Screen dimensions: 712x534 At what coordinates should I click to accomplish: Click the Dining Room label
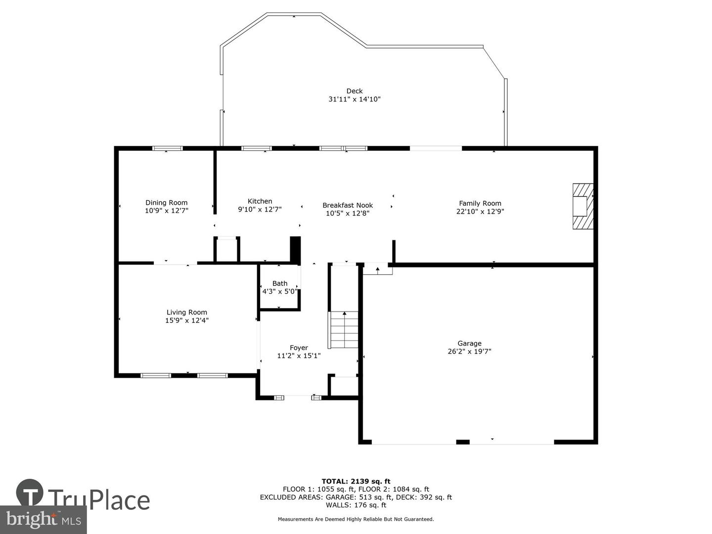(166, 203)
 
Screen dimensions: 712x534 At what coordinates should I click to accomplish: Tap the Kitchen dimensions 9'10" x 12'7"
(260, 210)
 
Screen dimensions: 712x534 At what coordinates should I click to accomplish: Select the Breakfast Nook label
(348, 205)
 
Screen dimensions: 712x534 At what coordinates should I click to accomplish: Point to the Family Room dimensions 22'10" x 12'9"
(480, 212)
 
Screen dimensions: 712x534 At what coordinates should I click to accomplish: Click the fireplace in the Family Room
(582, 206)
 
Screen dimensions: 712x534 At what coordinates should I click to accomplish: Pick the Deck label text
(354, 91)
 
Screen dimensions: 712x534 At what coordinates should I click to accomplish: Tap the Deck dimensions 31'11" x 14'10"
(354, 99)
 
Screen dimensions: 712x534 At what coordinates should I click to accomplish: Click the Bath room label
(280, 283)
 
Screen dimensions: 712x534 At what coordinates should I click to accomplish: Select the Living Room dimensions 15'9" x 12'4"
(186, 320)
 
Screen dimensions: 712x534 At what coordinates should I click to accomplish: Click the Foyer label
(299, 348)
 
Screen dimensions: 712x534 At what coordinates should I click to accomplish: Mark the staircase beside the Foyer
(344, 329)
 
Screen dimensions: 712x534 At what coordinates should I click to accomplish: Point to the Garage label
(469, 343)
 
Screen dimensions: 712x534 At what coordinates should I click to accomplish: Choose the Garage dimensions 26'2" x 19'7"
(469, 352)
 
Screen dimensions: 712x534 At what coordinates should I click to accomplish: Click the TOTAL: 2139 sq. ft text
(356, 482)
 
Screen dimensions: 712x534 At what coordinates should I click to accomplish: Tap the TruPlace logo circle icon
(30, 492)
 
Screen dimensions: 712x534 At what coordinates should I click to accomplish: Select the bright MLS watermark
(43, 520)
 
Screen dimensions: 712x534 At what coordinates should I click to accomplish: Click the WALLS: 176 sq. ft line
(356, 505)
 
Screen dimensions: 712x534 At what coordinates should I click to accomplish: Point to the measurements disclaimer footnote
(356, 519)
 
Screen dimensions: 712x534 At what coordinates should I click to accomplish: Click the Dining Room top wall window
(168, 148)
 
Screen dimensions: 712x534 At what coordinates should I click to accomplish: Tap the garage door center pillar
(463, 442)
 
